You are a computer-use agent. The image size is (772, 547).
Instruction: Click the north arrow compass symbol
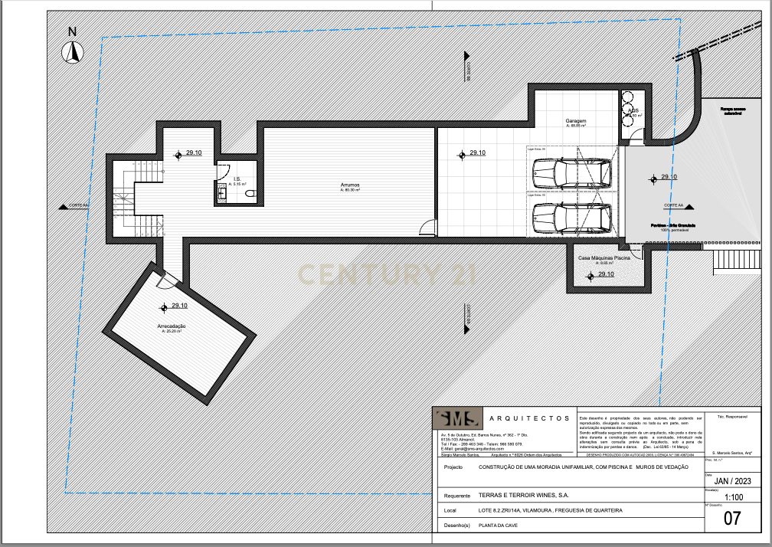[x=73, y=51]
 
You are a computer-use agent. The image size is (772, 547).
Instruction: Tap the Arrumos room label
[x=351, y=185]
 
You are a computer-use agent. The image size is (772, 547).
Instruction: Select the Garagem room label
[x=576, y=122]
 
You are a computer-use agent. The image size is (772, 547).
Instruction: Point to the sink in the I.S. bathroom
[x=221, y=194]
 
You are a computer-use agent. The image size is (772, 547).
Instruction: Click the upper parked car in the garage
[x=571, y=174]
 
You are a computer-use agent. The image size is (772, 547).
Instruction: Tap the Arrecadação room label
[x=172, y=326]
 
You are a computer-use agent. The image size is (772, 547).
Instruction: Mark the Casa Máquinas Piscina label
[x=604, y=259]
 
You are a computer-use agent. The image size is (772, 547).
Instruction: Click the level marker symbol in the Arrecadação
[x=163, y=308]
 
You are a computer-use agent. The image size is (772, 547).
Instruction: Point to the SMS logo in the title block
[x=458, y=418]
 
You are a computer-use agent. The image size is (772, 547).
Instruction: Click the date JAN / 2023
[x=733, y=481]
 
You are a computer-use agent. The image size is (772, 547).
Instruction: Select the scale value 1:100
[x=733, y=496]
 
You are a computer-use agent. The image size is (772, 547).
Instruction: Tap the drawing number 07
[x=732, y=519]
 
